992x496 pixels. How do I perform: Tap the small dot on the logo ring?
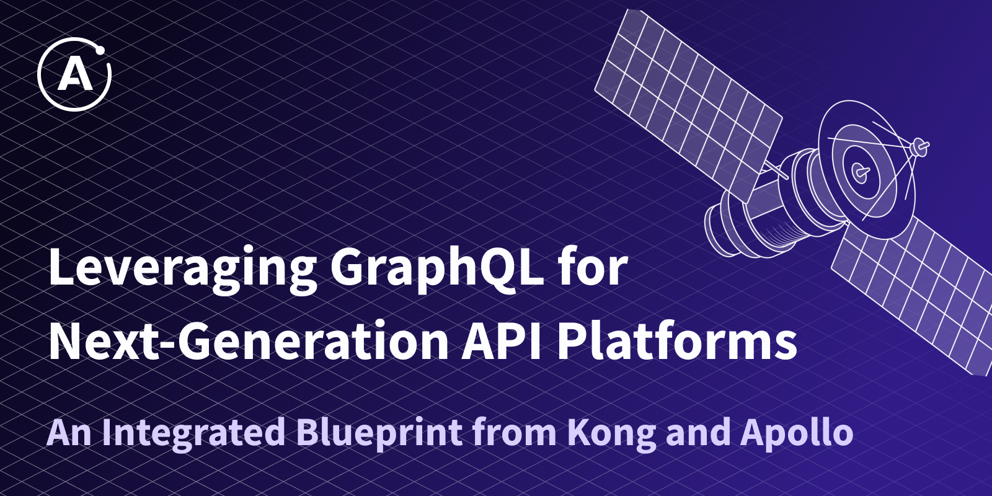(x=100, y=51)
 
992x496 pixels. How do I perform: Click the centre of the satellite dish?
(x=861, y=171)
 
